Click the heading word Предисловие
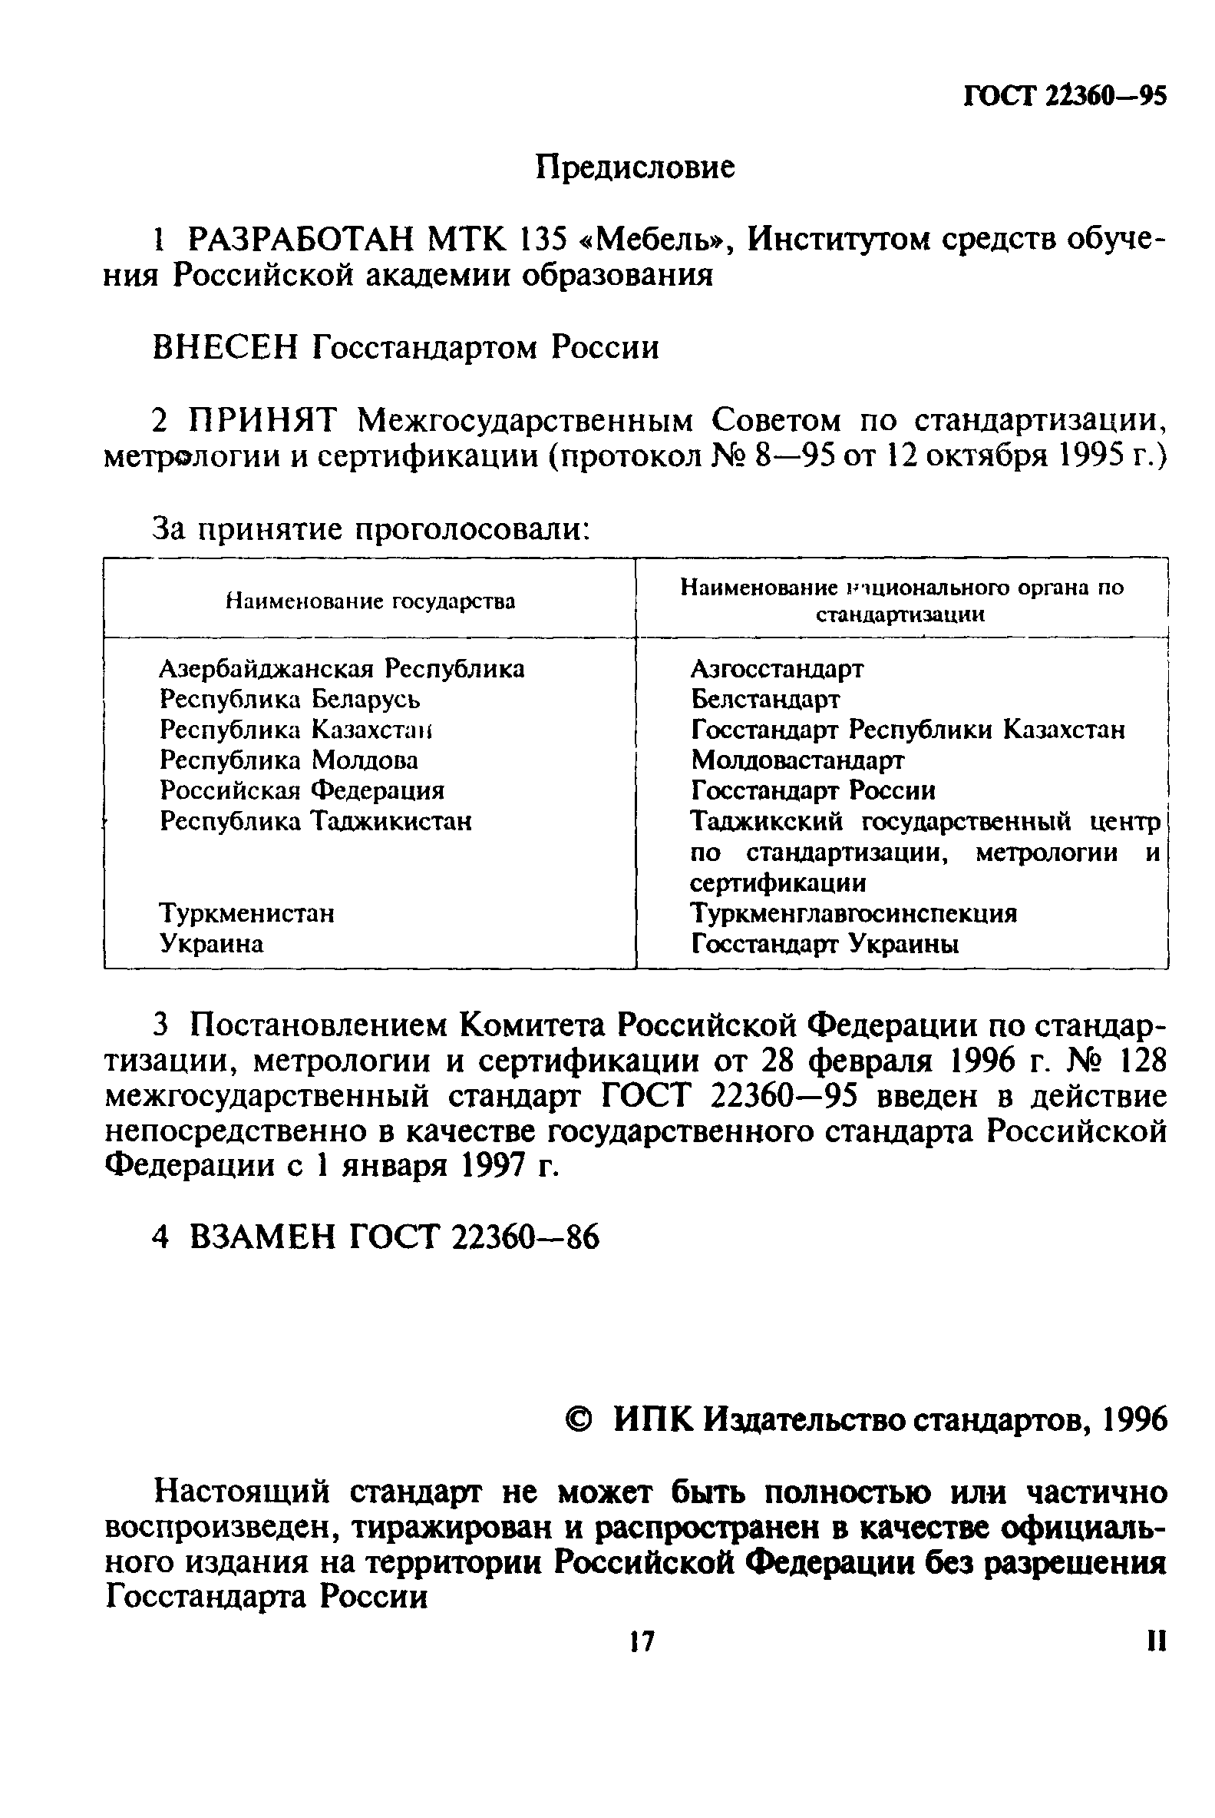click(635, 167)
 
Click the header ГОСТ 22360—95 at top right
click(1065, 96)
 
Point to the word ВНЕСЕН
click(226, 348)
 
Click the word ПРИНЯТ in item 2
click(265, 421)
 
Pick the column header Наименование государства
click(370, 601)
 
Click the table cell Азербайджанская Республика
click(342, 668)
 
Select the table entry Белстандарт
click(764, 699)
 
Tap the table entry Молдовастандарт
click(797, 760)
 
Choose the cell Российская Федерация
click(302, 790)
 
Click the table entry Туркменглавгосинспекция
click(853, 913)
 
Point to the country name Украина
click(212, 943)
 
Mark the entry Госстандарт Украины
click(824, 943)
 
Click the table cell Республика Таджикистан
click(315, 820)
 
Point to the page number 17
click(642, 1641)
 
